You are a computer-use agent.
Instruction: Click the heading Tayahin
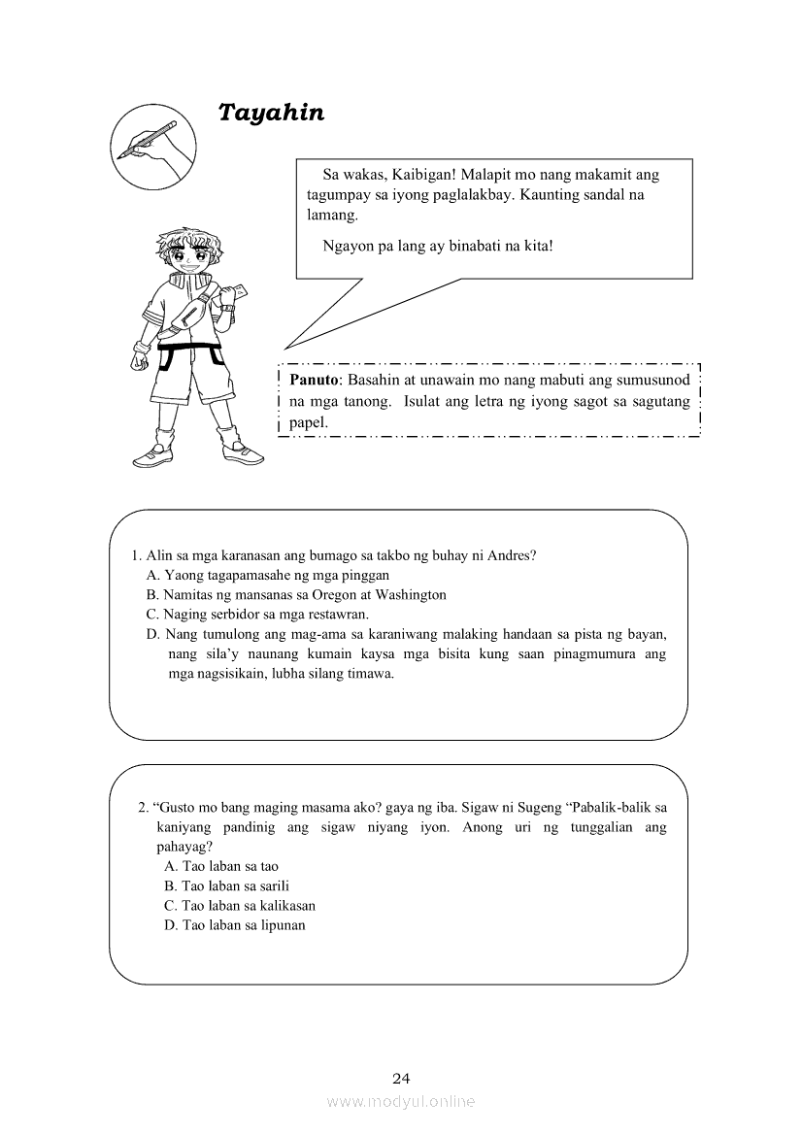click(x=271, y=113)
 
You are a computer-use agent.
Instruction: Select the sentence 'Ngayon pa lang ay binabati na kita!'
click(x=438, y=245)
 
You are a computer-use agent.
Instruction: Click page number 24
click(x=401, y=1078)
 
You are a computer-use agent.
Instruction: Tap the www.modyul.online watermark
click(x=401, y=1101)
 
